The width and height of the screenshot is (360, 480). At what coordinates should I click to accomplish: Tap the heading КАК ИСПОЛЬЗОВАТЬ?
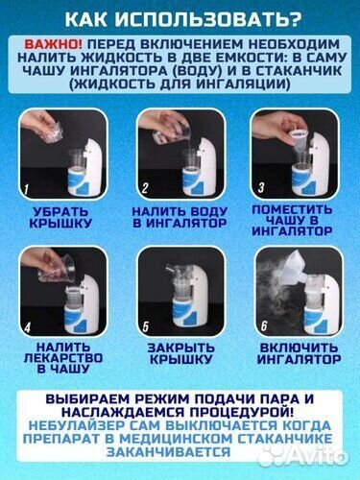180,18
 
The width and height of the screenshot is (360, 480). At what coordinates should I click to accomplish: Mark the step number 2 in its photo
145,186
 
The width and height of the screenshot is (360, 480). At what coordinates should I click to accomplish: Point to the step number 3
260,186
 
